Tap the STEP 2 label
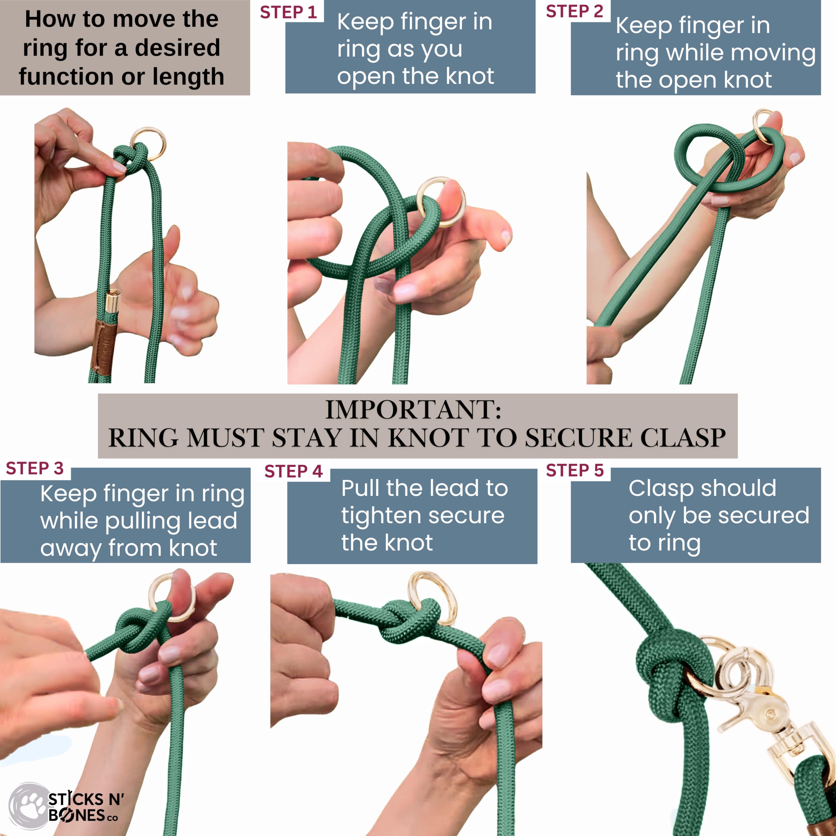pos(574,11)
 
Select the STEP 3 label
pos(35,468)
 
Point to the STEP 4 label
pos(293,471)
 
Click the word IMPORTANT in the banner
pos(413,409)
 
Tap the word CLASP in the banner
pos(683,438)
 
